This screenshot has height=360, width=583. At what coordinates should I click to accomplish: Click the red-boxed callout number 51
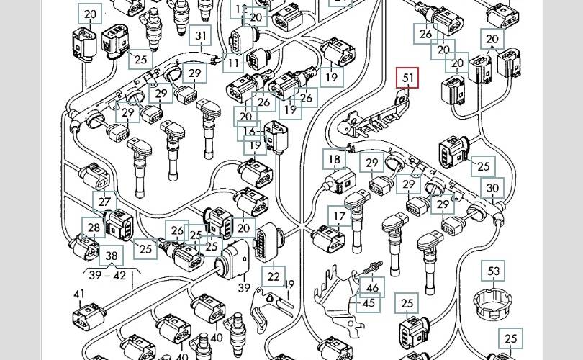coord(409,78)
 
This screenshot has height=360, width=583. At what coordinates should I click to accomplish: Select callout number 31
coord(201,37)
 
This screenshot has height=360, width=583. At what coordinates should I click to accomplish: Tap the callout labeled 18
coord(334,160)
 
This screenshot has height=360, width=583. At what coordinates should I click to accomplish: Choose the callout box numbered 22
coord(274,276)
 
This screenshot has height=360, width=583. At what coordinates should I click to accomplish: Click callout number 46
coord(372,288)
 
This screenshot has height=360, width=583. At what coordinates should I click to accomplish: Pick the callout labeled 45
coord(369,303)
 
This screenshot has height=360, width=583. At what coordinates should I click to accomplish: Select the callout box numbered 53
coord(494,271)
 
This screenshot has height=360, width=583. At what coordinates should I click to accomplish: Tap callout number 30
coord(493,189)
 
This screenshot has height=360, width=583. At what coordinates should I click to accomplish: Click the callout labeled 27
coord(105,204)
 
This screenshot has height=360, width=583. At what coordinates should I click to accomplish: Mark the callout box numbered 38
coord(111,256)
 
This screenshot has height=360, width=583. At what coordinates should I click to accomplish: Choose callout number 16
coord(250,131)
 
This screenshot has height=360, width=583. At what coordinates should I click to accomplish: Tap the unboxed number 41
coord(79,294)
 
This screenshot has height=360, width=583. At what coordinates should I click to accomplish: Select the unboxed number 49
coord(289,285)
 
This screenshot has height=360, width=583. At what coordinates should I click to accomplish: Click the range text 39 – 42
coord(106,275)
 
